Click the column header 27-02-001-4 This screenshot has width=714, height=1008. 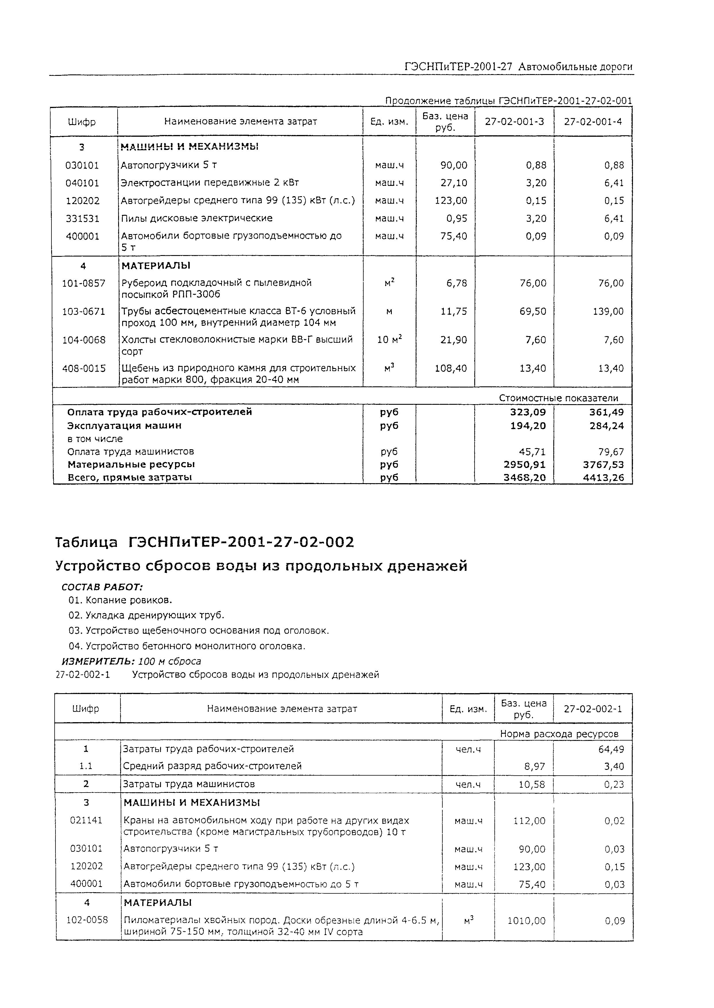[593, 122]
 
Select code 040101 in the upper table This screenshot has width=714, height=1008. [83, 183]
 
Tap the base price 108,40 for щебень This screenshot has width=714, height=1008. [451, 369]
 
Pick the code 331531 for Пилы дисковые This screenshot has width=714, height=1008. [83, 218]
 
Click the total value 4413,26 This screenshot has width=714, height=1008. [603, 478]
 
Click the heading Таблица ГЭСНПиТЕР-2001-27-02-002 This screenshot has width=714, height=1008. [204, 542]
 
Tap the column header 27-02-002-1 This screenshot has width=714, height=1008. [593, 709]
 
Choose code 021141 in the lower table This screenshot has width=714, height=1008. [86, 820]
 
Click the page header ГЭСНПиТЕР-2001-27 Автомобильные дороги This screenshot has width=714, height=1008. [518, 67]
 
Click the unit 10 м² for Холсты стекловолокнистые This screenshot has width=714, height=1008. [389, 340]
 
